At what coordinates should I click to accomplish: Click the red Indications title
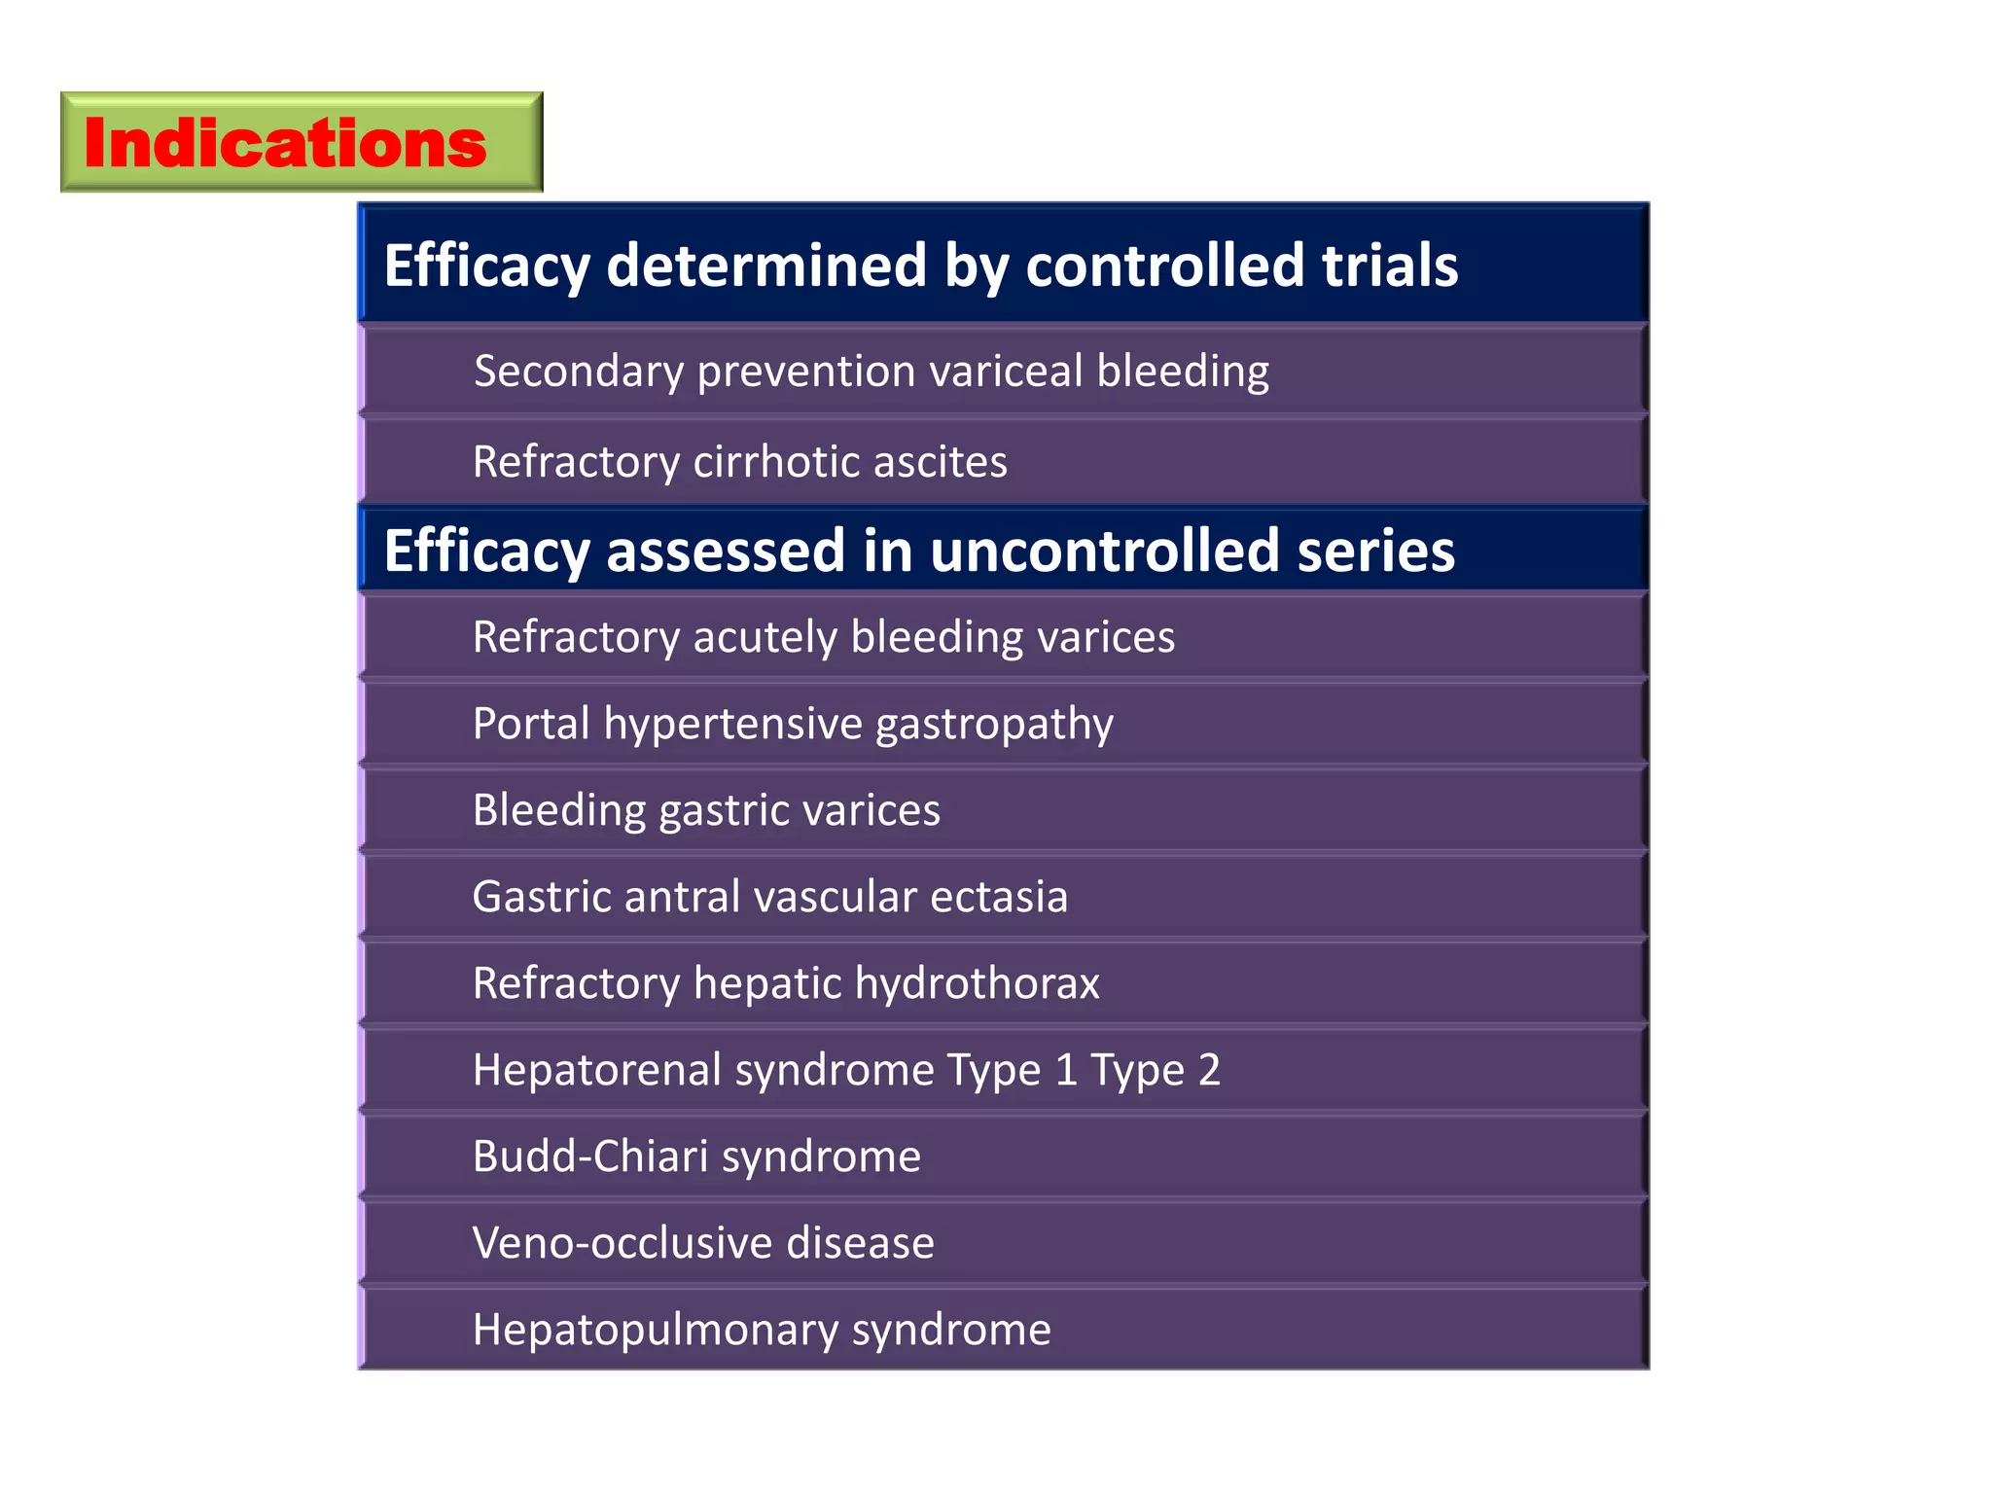tap(285, 143)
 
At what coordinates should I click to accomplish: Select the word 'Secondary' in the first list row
tap(579, 372)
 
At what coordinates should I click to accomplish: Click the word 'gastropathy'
tap(994, 726)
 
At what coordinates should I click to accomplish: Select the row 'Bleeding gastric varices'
tap(706, 810)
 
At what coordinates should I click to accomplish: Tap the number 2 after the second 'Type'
tap(1209, 1070)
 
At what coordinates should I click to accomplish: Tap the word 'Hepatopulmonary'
tap(655, 1331)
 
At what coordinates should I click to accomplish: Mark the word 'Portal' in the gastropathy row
tap(531, 724)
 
